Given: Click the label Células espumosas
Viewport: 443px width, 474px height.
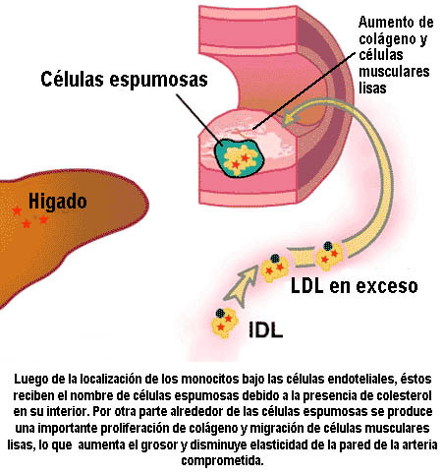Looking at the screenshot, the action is point(124,80).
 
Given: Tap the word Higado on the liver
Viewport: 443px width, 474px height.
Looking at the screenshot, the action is point(58,201).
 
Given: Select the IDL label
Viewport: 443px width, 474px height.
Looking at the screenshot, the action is point(266,329).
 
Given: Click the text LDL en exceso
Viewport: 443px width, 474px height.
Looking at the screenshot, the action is point(355,286).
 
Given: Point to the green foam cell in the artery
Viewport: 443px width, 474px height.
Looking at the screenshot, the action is point(239,158).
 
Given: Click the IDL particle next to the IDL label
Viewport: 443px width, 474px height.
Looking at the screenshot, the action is point(224,323).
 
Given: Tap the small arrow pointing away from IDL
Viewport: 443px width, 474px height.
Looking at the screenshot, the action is point(242,286).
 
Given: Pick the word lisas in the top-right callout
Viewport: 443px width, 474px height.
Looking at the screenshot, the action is point(372,88).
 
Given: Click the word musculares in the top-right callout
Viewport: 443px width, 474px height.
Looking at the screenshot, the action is point(394,72).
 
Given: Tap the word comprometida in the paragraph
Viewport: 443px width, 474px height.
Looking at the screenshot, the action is point(222,461).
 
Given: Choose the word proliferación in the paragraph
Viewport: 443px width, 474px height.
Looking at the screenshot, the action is point(137,428).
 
